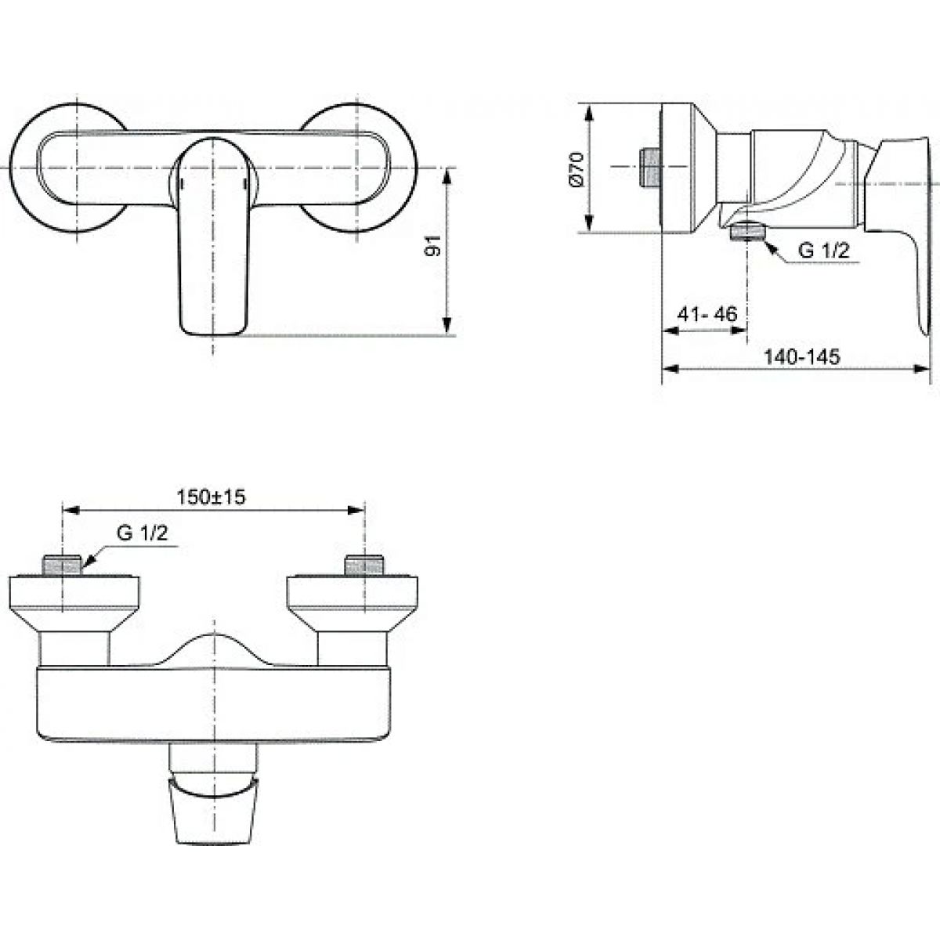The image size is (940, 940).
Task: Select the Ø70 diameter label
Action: click(x=577, y=168)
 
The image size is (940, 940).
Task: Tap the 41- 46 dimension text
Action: click(x=707, y=314)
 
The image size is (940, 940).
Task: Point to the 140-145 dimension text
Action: click(x=802, y=357)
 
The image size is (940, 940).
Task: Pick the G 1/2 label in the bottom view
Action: click(x=143, y=533)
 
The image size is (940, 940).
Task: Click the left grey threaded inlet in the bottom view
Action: click(x=62, y=565)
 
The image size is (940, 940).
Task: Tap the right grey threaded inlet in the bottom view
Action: click(x=364, y=565)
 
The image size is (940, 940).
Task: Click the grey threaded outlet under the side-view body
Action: click(x=747, y=232)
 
